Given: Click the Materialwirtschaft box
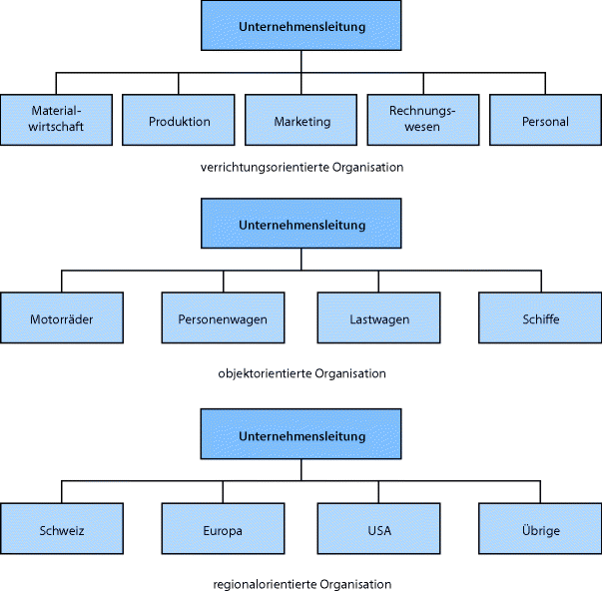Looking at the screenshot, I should pyautogui.click(x=55, y=121).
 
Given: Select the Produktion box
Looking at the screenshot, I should pyautogui.click(x=179, y=121).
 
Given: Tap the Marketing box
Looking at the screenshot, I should pyautogui.click(x=301, y=121).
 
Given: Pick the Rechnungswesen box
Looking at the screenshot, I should pyautogui.click(x=423, y=121).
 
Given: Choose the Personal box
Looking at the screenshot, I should pyautogui.click(x=545, y=121).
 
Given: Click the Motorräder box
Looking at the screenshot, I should pyautogui.click(x=62, y=318).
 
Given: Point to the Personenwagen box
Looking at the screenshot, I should pyautogui.click(x=222, y=318).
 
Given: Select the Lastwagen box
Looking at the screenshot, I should pyautogui.click(x=379, y=318).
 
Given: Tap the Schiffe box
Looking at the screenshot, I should pyautogui.click(x=539, y=318).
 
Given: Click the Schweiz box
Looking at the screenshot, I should pyautogui.click(x=62, y=529).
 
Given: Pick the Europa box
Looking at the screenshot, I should pyautogui.click(x=222, y=529).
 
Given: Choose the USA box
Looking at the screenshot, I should pyautogui.click(x=379, y=529).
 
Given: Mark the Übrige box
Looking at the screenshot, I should pyautogui.click(x=539, y=529).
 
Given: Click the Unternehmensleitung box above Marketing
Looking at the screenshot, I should pyautogui.click(x=301, y=26).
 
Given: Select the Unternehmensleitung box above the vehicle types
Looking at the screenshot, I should pyautogui.click(x=301, y=224).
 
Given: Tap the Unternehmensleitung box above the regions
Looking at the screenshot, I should pyautogui.click(x=301, y=435).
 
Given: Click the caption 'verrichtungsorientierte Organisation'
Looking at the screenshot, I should pyautogui.click(x=301, y=168).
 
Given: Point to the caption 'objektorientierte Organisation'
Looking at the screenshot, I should pyautogui.click(x=301, y=373).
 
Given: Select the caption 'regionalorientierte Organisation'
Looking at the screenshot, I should pyautogui.click(x=301, y=583).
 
